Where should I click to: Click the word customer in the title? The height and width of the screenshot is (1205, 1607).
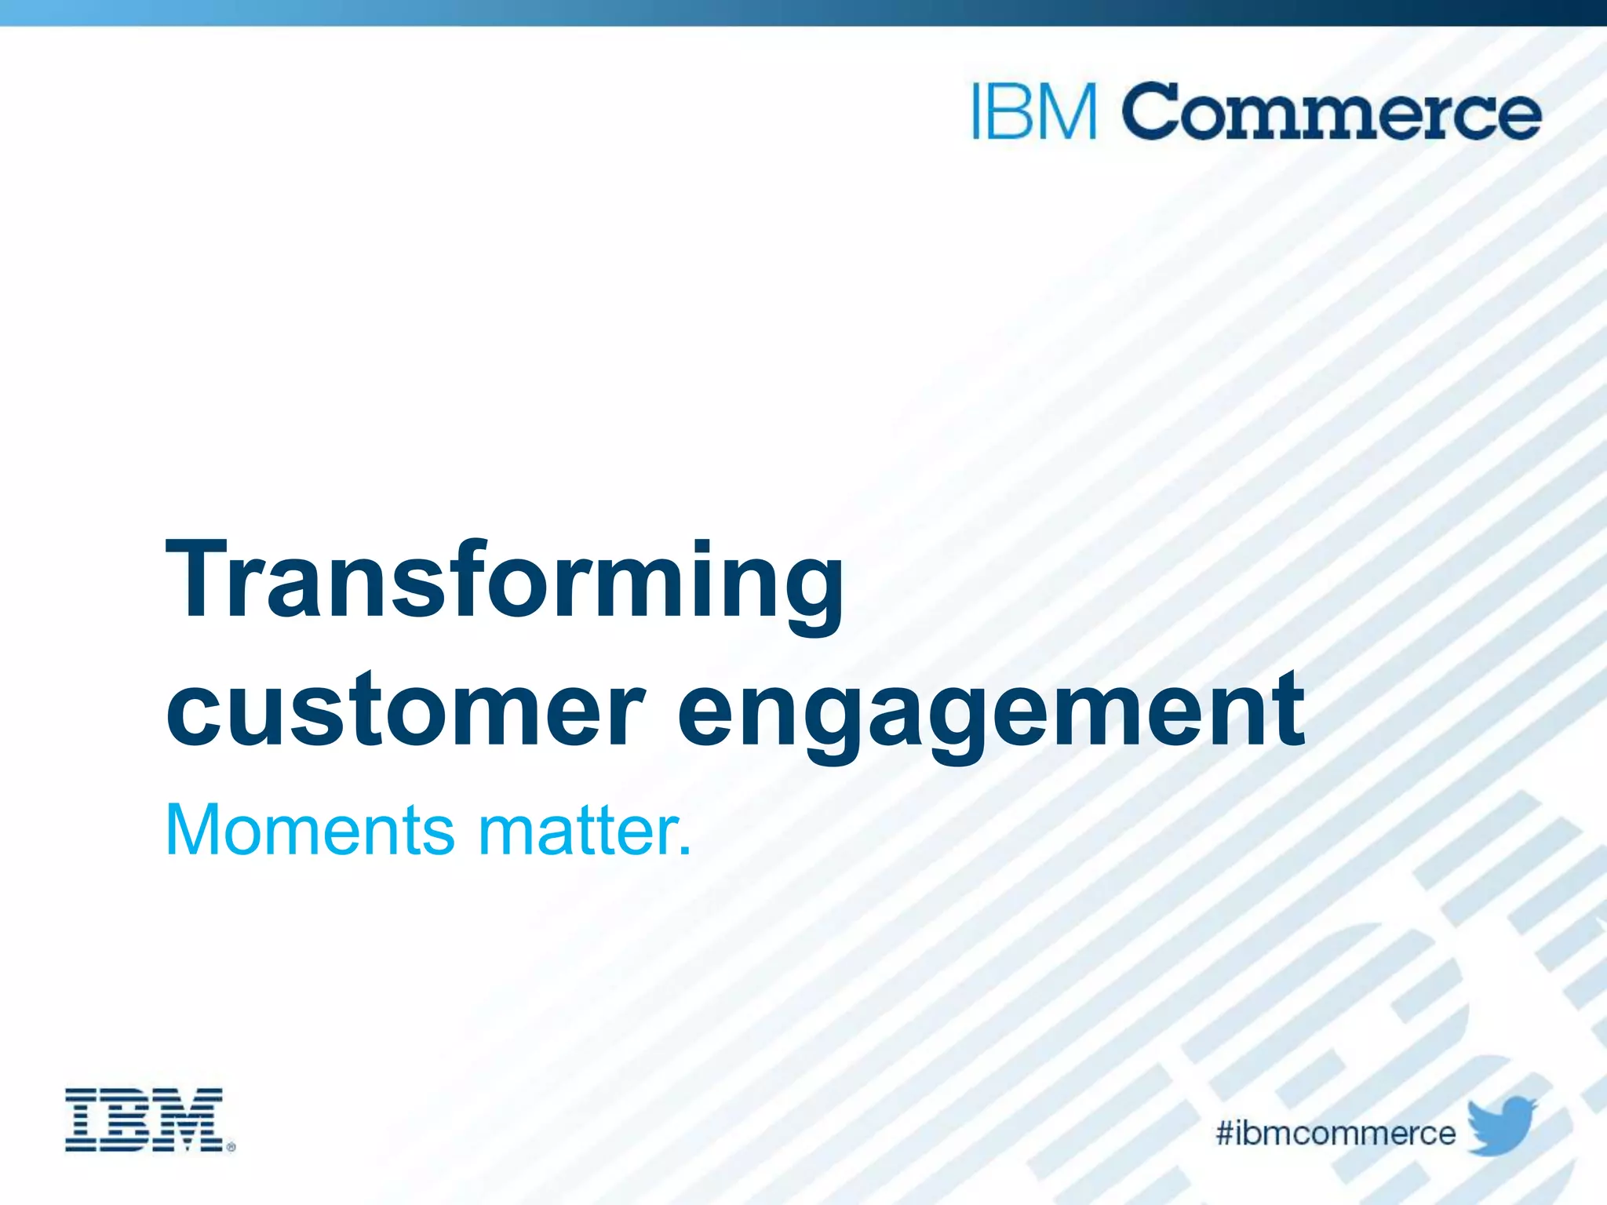click(x=404, y=710)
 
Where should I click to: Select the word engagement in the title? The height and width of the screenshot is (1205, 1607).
click(x=990, y=714)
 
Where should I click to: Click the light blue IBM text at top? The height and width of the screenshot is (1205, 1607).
click(x=1034, y=112)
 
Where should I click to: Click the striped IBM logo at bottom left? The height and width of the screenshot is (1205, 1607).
click(x=144, y=1119)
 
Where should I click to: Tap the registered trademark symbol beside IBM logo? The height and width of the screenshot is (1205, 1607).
click(x=231, y=1147)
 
